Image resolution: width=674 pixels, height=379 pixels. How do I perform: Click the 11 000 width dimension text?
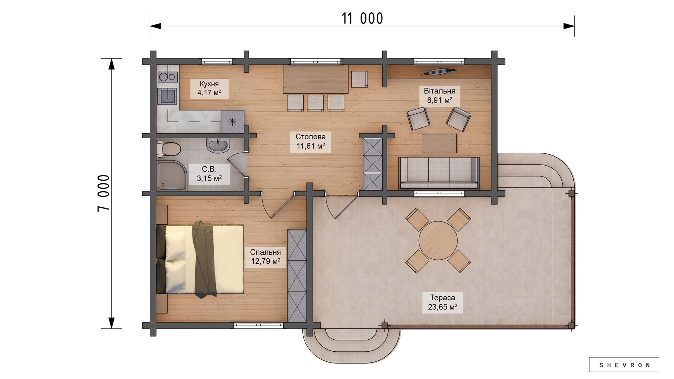tap(362, 19)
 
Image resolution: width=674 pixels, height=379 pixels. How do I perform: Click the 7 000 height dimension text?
tap(104, 193)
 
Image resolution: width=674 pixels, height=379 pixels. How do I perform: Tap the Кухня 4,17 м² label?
tap(209, 88)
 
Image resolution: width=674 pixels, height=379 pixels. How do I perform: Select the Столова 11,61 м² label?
tap(311, 141)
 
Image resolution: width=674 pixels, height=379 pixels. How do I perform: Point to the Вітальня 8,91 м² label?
tap(440, 95)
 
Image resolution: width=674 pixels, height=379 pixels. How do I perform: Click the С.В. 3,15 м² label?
tap(209, 174)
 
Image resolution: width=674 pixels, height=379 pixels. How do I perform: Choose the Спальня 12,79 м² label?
tap(265, 257)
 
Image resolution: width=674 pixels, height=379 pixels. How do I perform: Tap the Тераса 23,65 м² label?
tap(442, 302)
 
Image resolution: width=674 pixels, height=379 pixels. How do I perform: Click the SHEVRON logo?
tap(624, 365)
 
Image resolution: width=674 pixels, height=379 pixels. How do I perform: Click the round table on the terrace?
tap(438, 240)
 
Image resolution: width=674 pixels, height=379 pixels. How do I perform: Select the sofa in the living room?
tap(439, 173)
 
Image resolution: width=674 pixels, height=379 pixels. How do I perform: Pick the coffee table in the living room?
tap(440, 143)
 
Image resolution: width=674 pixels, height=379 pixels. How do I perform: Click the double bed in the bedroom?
tap(200, 259)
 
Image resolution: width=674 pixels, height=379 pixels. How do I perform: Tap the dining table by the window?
tap(316, 79)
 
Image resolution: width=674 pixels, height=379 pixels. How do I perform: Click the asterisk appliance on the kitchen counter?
tap(232, 121)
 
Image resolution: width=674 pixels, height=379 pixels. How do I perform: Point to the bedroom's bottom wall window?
tap(258, 325)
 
